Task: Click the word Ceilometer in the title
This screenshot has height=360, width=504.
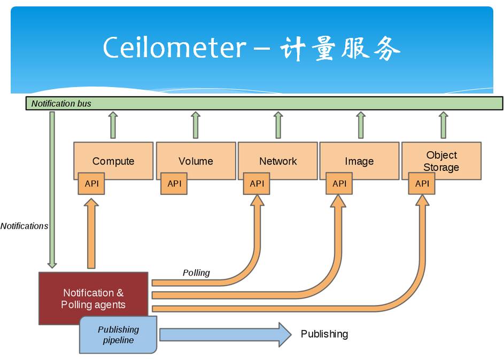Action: pyautogui.click(x=175, y=47)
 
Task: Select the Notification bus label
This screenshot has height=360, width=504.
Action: pyautogui.click(x=61, y=104)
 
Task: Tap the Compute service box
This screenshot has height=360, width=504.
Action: pyautogui.click(x=113, y=160)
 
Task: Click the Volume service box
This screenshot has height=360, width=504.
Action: pyautogui.click(x=196, y=160)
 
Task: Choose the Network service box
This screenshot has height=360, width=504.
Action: pyautogui.click(x=278, y=160)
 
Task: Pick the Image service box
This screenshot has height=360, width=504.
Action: pyautogui.click(x=359, y=160)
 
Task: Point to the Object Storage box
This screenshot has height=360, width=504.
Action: pyautogui.click(x=441, y=160)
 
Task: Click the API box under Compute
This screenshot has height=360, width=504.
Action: pyautogui.click(x=91, y=183)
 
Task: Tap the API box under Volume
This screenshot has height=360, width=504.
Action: pyautogui.click(x=174, y=183)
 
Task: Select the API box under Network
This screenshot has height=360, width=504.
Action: pyautogui.click(x=257, y=183)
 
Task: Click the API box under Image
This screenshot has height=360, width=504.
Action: pyautogui.click(x=339, y=183)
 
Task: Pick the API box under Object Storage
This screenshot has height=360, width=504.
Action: pyautogui.click(x=422, y=183)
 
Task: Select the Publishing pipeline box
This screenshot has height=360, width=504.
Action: pyautogui.click(x=118, y=335)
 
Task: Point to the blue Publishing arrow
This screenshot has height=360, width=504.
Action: pyautogui.click(x=226, y=335)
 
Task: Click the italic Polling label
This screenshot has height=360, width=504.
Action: pyautogui.click(x=196, y=272)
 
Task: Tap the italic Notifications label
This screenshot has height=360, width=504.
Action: pyautogui.click(x=24, y=226)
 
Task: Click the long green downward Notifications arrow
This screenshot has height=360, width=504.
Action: pyautogui.click(x=52, y=190)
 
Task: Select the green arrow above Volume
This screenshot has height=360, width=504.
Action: pyautogui.click(x=196, y=125)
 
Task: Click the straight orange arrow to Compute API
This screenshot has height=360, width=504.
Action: pyautogui.click(x=91, y=233)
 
